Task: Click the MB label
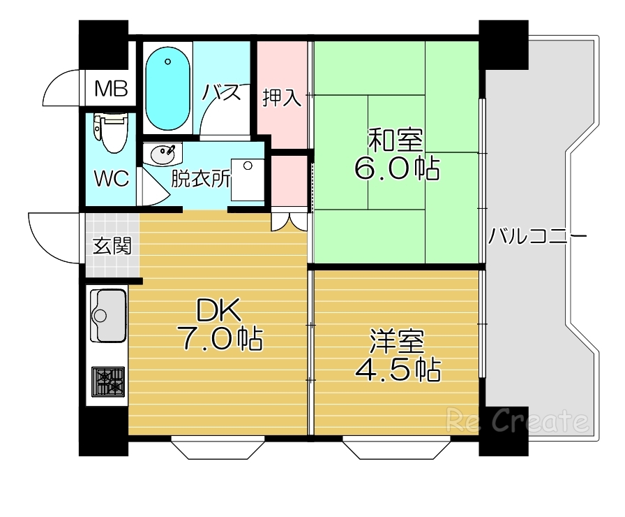[112, 89]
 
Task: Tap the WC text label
[112, 178]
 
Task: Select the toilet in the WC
[111, 133]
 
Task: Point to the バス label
[222, 92]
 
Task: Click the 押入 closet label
[283, 99]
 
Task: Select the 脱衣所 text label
[201, 180]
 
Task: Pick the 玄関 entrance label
[112, 246]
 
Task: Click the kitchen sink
[108, 315]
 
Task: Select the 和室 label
[396, 140]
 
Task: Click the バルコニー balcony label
[537, 235]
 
